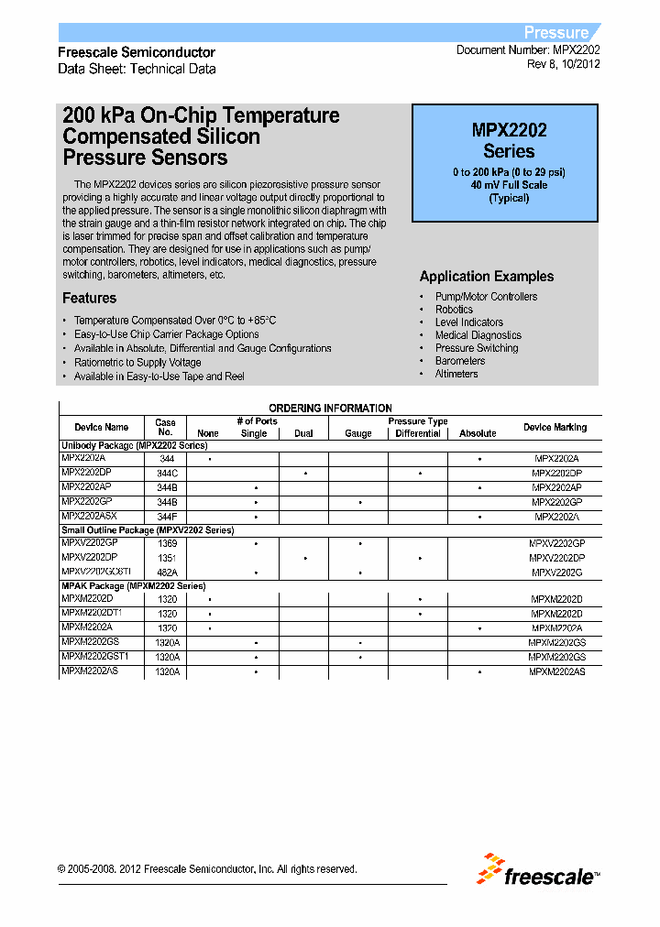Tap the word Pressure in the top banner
pos(555,32)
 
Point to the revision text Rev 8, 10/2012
pos(563,65)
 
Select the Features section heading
pos(89,298)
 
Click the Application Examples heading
pos(486,277)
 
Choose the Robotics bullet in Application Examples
pos(454,310)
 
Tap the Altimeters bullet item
pos(456,374)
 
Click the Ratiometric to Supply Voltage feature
pos(137,363)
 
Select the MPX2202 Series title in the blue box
pos(509,141)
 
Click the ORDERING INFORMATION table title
pos(330,409)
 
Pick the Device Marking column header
pos(555,427)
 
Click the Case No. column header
pos(165,428)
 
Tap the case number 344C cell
pos(166,473)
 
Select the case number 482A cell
pos(166,573)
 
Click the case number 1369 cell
pos(166,543)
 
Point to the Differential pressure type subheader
pos(418,433)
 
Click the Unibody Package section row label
pos(134,444)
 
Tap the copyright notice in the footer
pos(207,869)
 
